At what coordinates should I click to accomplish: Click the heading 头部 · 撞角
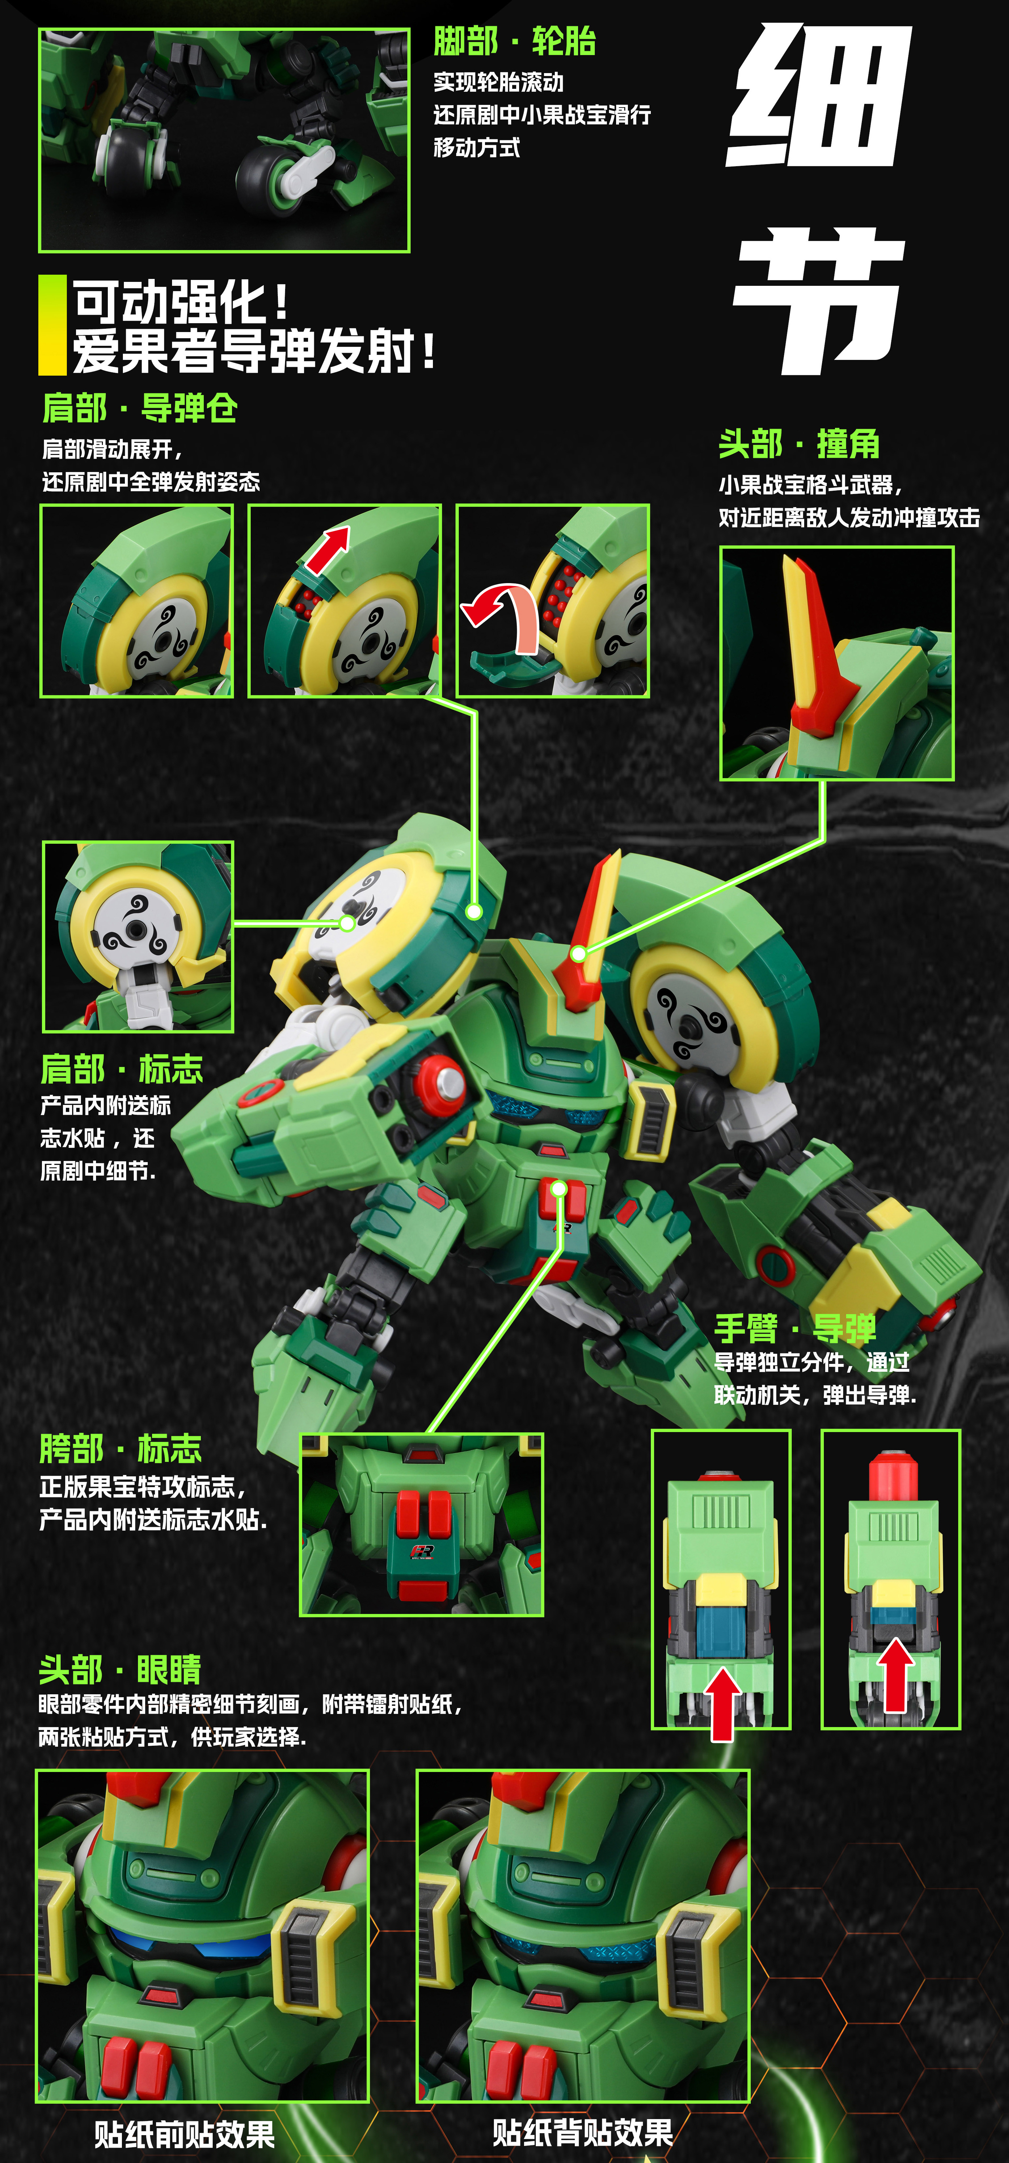(799, 444)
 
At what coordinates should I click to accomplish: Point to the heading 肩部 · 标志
(122, 1069)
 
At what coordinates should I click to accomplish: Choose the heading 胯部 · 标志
(121, 1448)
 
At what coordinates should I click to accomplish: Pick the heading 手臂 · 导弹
(795, 1328)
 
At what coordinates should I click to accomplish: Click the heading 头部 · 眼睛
(120, 1669)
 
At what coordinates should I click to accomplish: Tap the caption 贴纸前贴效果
(185, 2134)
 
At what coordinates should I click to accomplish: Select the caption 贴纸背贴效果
(583, 2132)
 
